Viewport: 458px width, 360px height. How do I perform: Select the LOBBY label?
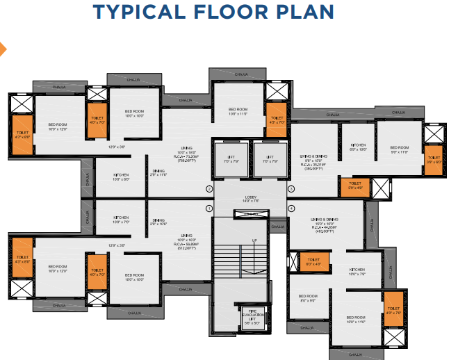tap(251, 198)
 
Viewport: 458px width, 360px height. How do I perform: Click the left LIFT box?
tap(231, 161)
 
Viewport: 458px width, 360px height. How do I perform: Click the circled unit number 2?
tap(208, 189)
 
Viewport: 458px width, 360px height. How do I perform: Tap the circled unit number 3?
tap(291, 189)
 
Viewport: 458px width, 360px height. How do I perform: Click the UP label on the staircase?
tap(254, 241)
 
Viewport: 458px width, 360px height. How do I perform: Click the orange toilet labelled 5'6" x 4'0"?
tap(355, 186)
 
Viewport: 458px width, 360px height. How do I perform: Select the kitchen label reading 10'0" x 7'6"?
tap(357, 272)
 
